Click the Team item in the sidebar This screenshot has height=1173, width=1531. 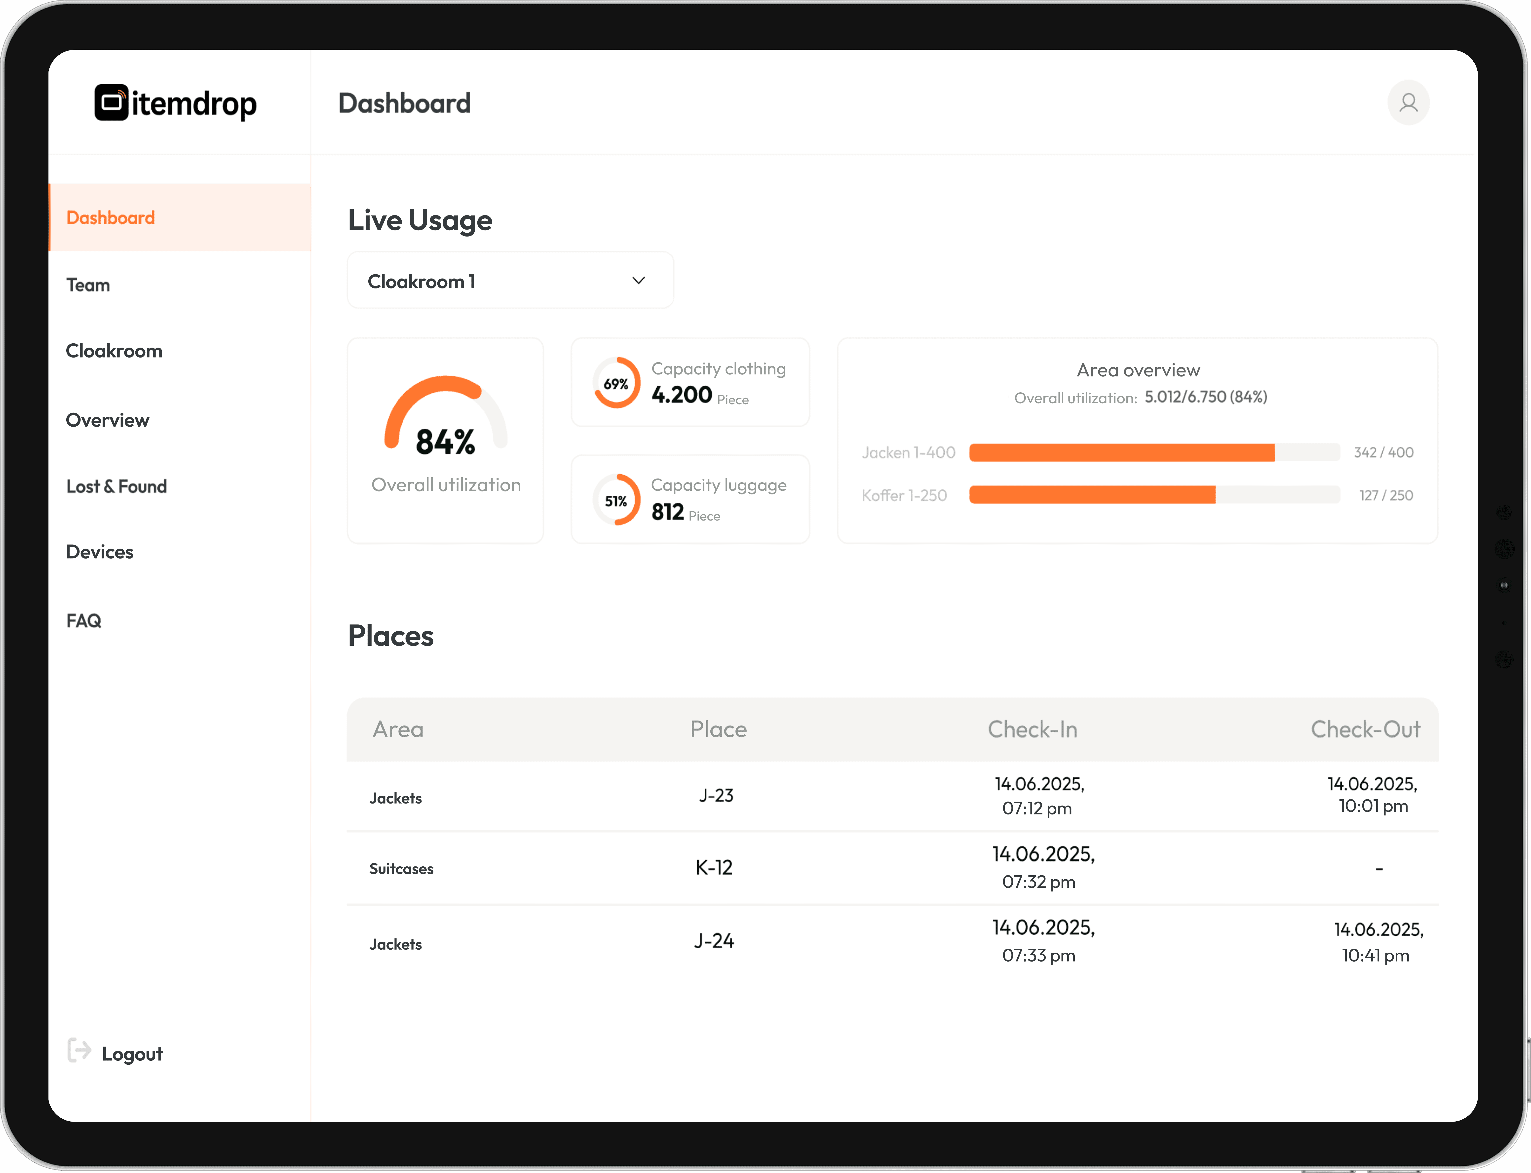coord(88,285)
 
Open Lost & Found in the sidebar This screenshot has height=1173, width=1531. coord(116,487)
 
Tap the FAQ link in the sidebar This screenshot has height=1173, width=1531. coord(84,621)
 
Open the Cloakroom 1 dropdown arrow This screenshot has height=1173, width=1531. coord(639,281)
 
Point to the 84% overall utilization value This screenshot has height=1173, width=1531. coord(445,442)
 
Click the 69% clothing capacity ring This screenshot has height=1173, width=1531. coord(616,383)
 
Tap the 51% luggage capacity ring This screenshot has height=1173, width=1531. coord(616,501)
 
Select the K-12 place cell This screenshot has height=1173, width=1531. coord(714,868)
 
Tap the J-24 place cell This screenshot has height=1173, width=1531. coord(714,941)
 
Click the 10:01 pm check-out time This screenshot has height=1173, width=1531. coord(1373,807)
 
